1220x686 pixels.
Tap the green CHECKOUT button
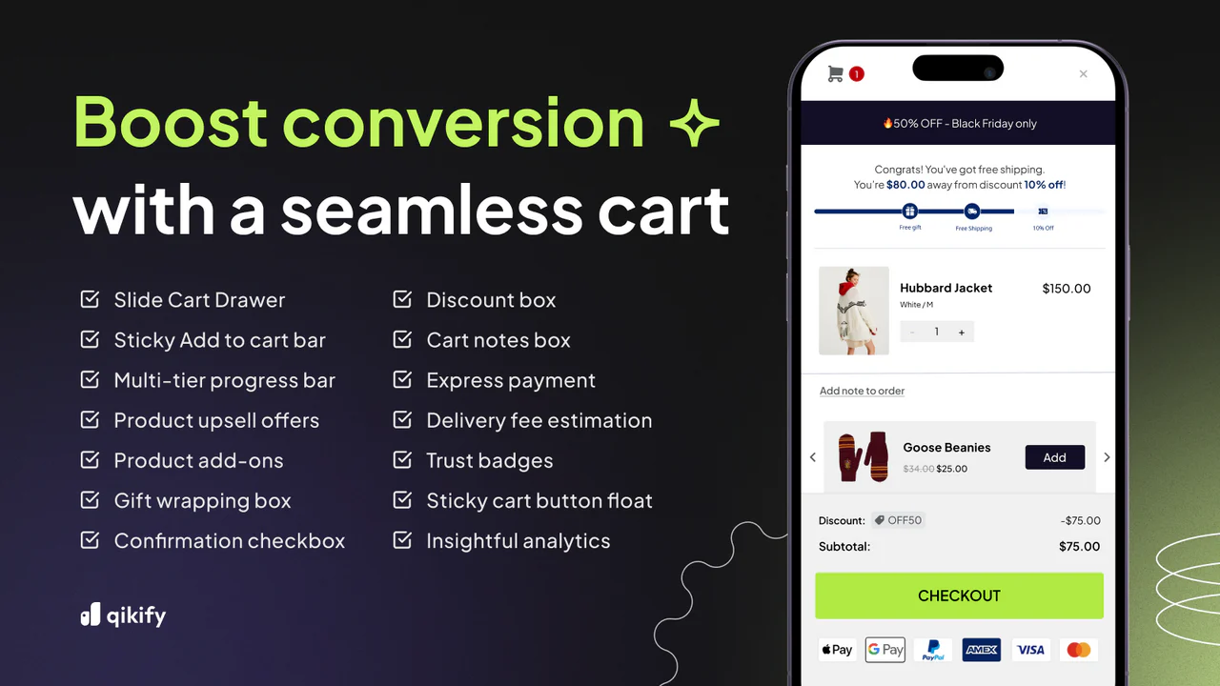click(959, 595)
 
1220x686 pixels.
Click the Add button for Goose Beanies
click(1054, 457)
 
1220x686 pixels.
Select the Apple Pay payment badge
click(836, 650)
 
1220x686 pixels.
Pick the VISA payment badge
click(1030, 650)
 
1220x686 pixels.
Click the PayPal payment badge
click(933, 650)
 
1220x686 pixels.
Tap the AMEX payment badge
click(982, 650)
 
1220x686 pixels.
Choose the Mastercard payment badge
click(1079, 650)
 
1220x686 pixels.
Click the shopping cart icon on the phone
click(835, 73)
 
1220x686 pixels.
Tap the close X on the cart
click(1083, 73)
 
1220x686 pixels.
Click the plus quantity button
click(961, 332)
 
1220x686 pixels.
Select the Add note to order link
click(862, 391)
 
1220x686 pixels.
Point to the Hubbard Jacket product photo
click(854, 311)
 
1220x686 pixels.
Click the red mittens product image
click(862, 457)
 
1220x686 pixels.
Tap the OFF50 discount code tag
click(898, 520)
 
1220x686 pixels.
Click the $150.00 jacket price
click(1067, 288)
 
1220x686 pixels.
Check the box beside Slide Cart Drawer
click(90, 299)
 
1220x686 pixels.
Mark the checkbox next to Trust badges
click(402, 460)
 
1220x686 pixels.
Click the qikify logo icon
click(90, 615)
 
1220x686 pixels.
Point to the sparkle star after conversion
click(694, 124)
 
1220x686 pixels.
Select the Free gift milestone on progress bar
click(909, 212)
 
